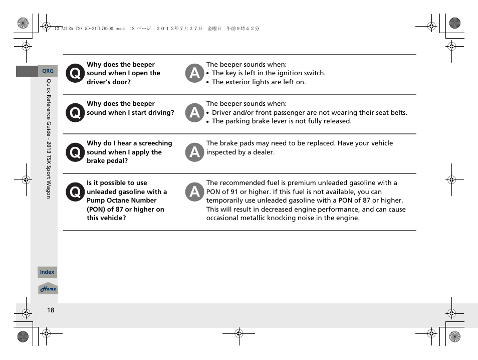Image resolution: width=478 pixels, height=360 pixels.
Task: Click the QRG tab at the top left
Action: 48,71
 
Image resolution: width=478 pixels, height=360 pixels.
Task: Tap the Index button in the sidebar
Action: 47,272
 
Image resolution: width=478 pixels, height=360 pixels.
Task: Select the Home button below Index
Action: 48,289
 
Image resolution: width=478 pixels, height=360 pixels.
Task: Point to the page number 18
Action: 51,310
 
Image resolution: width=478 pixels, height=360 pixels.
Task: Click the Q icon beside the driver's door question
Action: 75,74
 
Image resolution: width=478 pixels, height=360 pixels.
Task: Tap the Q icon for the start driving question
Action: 75,113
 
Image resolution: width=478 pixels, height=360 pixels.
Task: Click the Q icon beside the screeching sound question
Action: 75,152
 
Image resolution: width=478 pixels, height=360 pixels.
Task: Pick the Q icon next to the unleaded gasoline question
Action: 75,192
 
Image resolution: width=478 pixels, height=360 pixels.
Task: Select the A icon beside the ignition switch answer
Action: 194,74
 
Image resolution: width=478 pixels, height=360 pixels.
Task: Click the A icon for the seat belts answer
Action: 194,113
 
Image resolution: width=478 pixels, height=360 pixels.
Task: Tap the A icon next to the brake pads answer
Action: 194,152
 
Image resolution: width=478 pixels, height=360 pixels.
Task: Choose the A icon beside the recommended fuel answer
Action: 194,192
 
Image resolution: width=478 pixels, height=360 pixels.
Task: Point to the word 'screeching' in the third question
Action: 155,143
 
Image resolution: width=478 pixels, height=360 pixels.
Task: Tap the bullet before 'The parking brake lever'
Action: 208,122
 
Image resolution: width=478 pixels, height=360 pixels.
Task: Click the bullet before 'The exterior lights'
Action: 208,83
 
